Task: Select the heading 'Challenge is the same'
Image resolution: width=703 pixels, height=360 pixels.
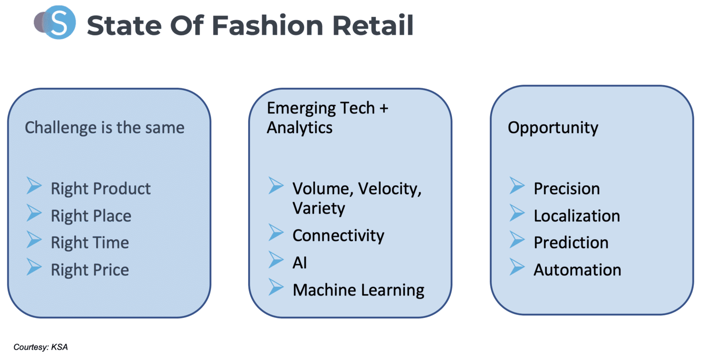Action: pyautogui.click(x=104, y=128)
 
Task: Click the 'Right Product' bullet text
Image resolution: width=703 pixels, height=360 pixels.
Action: pyautogui.click(x=101, y=188)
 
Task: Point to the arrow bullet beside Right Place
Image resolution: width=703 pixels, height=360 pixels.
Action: pyautogui.click(x=34, y=213)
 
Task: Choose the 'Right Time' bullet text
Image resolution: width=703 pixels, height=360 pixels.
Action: pyautogui.click(x=90, y=242)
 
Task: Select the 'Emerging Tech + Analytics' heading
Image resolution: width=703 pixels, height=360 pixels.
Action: pyautogui.click(x=327, y=118)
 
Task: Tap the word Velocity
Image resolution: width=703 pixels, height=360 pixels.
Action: pyautogui.click(x=389, y=188)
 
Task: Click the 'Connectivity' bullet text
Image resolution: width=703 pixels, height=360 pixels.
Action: pyautogui.click(x=338, y=236)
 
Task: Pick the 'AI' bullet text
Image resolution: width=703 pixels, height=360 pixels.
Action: pyautogui.click(x=300, y=263)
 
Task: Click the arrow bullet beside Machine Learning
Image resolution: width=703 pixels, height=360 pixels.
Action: pyautogui.click(x=276, y=287)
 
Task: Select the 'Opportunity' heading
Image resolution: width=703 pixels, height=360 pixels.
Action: pyautogui.click(x=552, y=128)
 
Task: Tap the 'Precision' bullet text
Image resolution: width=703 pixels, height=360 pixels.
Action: pyautogui.click(x=567, y=188)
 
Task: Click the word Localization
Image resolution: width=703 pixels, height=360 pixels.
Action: pyautogui.click(x=577, y=216)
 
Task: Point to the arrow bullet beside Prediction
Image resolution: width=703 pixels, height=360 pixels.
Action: pyautogui.click(x=517, y=240)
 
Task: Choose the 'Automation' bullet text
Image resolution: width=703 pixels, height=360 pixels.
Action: pyautogui.click(x=577, y=270)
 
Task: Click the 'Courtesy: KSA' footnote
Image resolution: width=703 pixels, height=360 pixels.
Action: pyautogui.click(x=41, y=347)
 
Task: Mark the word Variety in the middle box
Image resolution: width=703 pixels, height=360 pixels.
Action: pyautogui.click(x=319, y=208)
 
